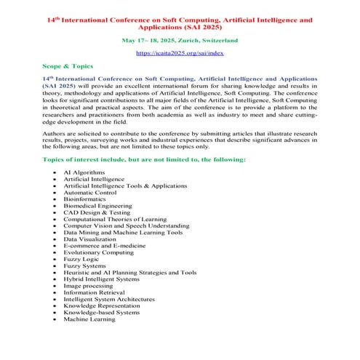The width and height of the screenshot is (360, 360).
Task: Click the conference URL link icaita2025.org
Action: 180,54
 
